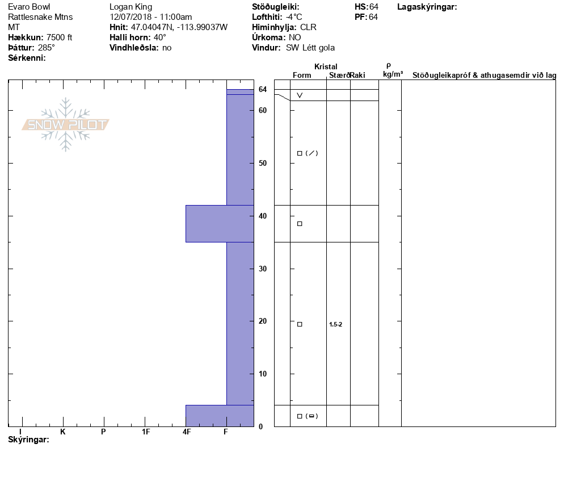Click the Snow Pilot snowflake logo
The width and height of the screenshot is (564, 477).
tap(65, 124)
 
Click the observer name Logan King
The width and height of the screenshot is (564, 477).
tap(131, 7)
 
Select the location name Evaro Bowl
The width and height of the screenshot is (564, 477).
tap(29, 7)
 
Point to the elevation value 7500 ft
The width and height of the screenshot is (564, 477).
tap(60, 37)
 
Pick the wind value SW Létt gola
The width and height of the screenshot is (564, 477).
tap(310, 48)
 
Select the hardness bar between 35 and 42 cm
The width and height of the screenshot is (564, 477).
tap(220, 224)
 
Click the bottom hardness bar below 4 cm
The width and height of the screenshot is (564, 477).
tap(220, 416)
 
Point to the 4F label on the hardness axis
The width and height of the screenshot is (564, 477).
tap(186, 432)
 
